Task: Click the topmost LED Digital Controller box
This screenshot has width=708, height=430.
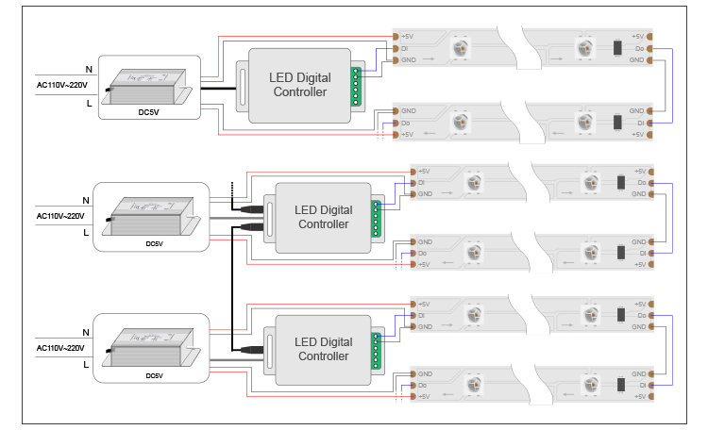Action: pyautogui.click(x=298, y=85)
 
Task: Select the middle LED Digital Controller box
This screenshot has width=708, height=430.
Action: pyautogui.click(x=322, y=217)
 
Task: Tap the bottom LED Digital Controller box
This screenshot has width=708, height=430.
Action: pyautogui.click(x=322, y=349)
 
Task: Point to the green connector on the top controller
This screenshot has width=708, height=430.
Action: pyautogui.click(x=357, y=85)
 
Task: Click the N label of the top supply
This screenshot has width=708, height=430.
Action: pyautogui.click(x=89, y=69)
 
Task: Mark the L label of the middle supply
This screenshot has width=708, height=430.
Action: pyautogui.click(x=86, y=231)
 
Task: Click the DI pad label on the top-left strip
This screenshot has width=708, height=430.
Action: pyautogui.click(x=405, y=48)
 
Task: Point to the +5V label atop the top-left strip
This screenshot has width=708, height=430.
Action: pyautogui.click(x=408, y=37)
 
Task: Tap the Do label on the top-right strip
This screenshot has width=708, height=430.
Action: pyautogui.click(x=639, y=48)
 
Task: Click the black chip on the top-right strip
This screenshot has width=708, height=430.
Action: pyautogui.click(x=616, y=48)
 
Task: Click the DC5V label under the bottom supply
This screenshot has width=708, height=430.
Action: pyautogui.click(x=154, y=375)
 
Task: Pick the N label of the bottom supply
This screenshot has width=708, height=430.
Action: pyautogui.click(x=86, y=332)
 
